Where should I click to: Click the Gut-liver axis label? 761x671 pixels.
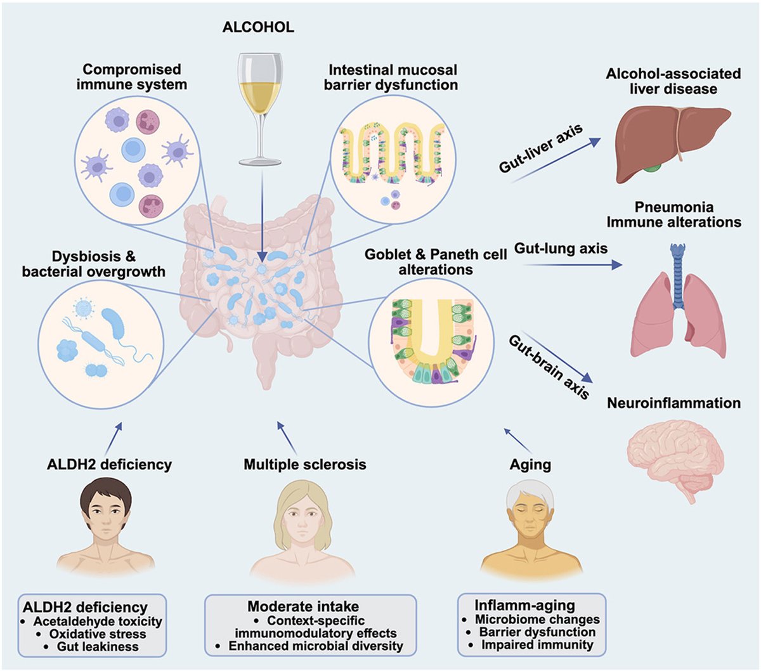(541, 150)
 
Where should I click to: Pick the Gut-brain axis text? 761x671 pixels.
(549, 367)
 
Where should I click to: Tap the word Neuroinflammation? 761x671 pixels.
(673, 403)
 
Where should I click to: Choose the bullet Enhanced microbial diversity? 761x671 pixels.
(315, 646)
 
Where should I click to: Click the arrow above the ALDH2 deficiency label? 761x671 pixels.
(115, 435)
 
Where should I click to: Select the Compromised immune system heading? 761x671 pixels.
(132, 76)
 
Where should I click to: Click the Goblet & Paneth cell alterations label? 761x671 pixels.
(436, 262)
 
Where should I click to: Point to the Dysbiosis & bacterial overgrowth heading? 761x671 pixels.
(94, 264)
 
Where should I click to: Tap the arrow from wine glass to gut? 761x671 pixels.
(261, 216)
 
